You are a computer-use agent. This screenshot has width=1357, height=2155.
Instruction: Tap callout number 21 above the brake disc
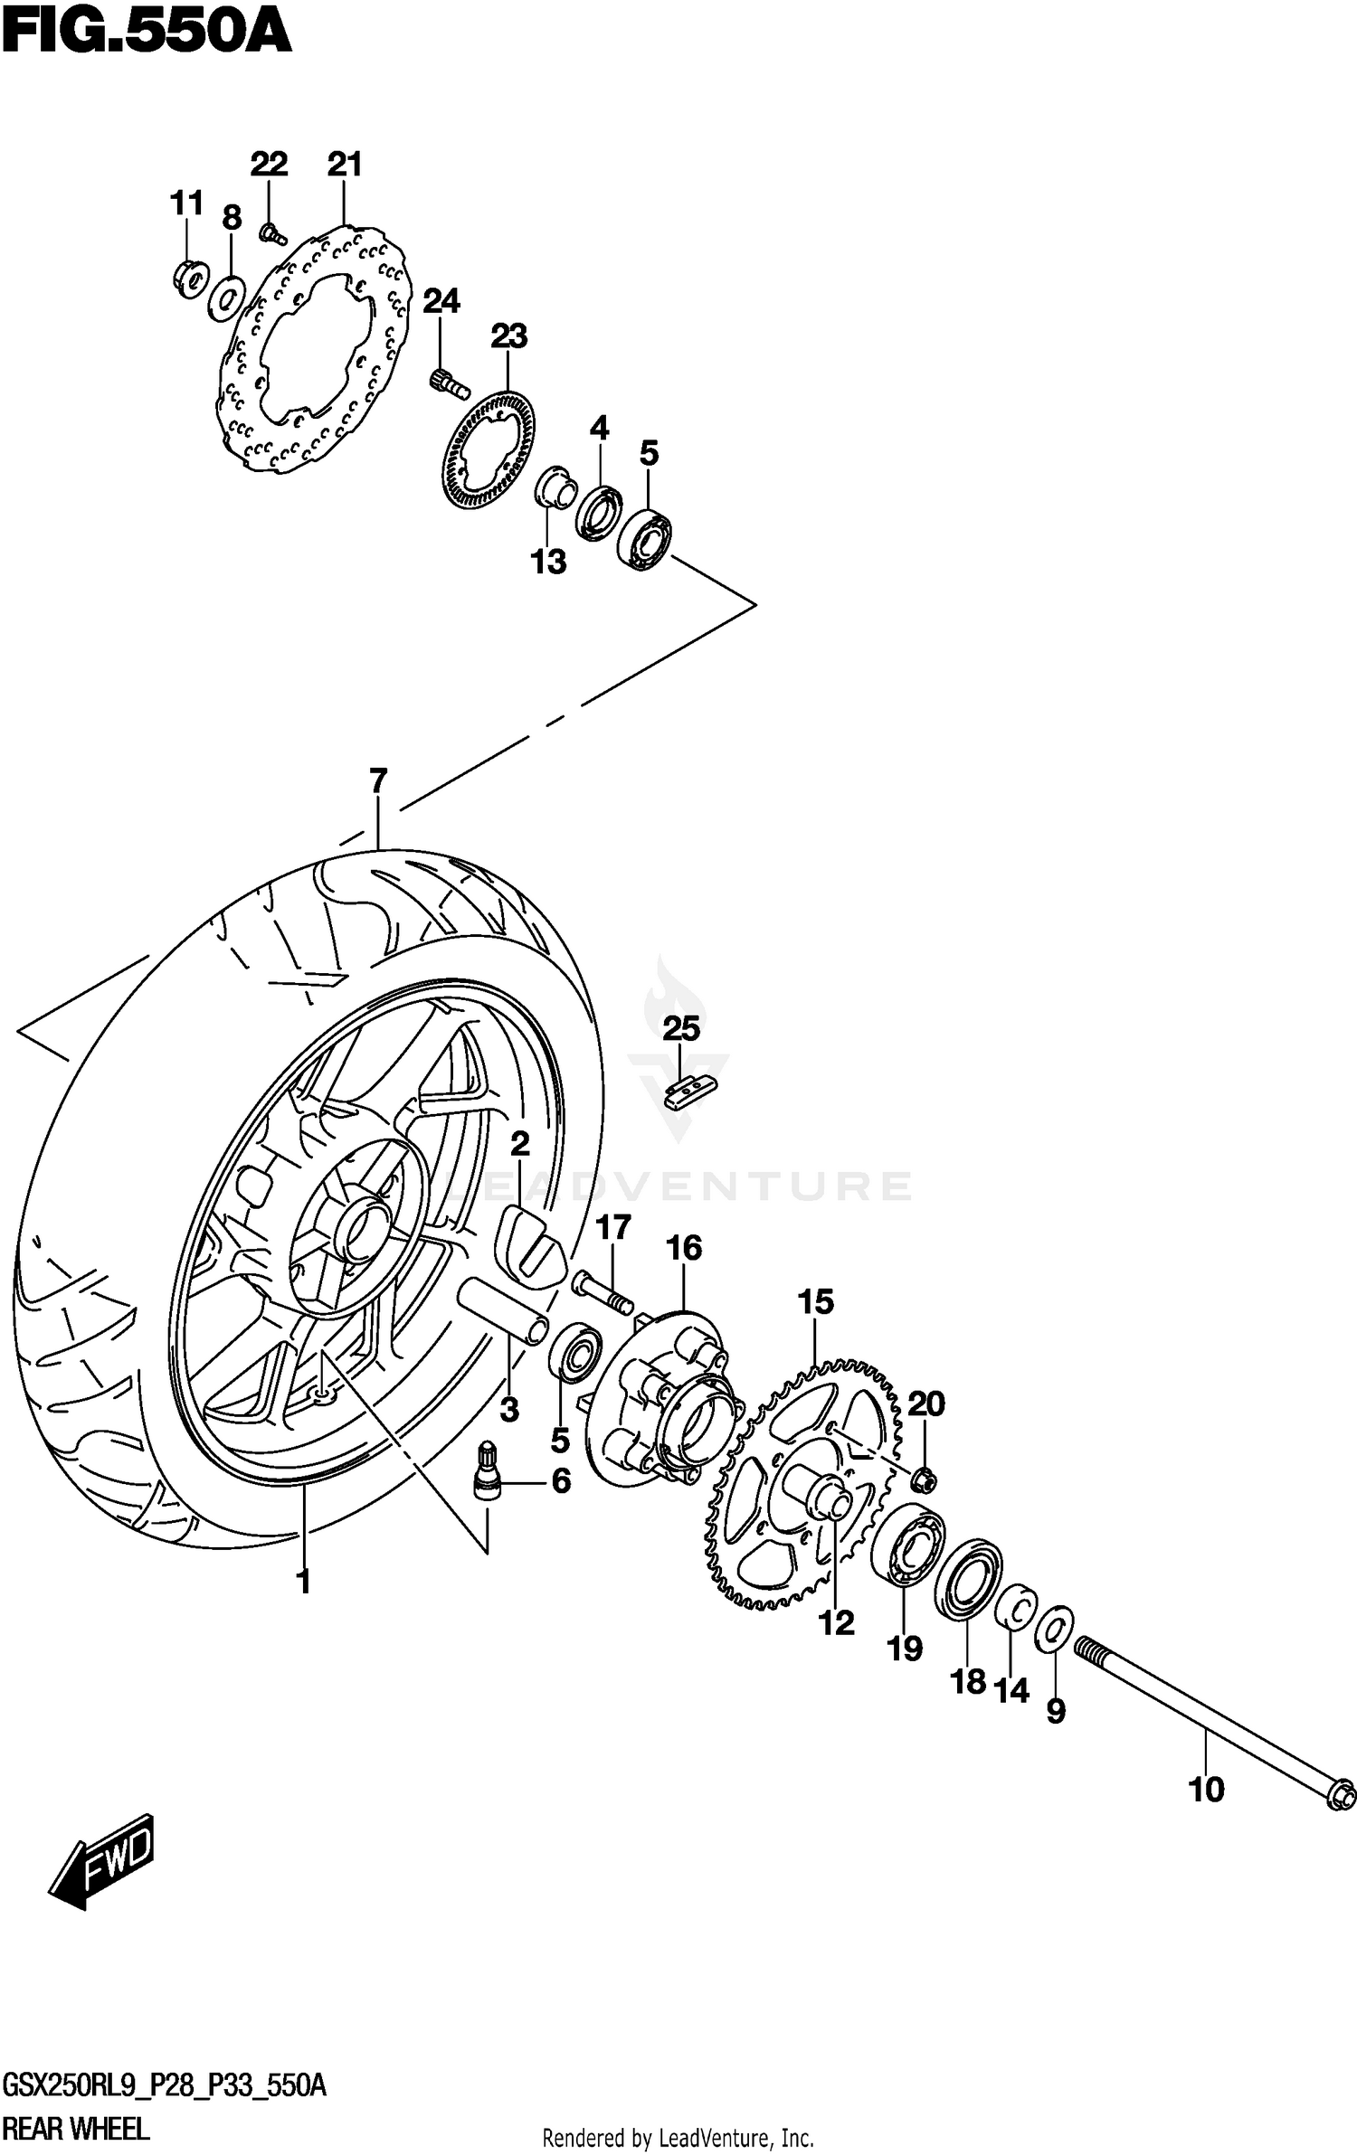[344, 165]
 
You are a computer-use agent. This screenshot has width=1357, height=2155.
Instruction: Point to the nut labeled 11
[190, 277]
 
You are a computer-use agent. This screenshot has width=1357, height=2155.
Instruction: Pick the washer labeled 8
[226, 297]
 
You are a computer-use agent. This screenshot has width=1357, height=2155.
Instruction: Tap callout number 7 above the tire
[377, 780]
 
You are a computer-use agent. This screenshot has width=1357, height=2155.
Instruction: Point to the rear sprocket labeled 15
[805, 1483]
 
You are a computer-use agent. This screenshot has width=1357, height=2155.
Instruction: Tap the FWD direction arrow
[101, 1865]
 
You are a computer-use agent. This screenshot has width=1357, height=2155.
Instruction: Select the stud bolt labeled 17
[601, 1290]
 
